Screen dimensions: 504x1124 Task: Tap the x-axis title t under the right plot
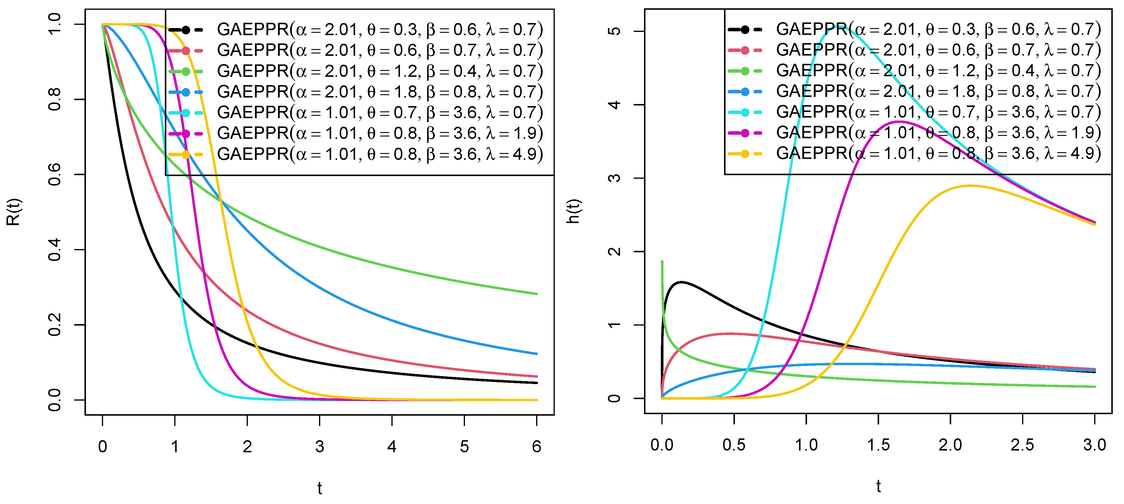coord(878,486)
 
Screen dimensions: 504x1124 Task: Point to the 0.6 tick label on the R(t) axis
coord(55,175)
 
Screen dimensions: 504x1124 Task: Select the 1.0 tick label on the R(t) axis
coord(55,24)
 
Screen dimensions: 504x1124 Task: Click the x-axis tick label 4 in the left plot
coord(391,446)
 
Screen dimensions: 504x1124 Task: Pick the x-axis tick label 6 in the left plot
coord(536,446)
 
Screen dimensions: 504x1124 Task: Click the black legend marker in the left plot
coord(186,30)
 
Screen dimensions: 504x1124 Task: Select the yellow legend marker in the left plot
coord(186,155)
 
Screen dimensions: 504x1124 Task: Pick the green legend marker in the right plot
coord(744,71)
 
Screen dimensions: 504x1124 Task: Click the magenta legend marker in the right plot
coord(744,133)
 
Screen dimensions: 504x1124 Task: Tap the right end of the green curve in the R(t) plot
coord(536,294)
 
